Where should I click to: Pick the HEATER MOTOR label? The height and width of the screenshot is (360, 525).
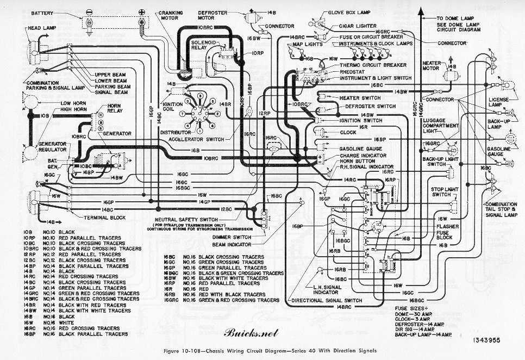[x=432, y=66]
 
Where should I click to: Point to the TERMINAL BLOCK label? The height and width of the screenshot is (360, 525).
[x=105, y=218]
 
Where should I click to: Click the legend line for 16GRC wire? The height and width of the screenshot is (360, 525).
[x=223, y=300]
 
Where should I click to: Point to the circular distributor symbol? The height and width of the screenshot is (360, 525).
[x=199, y=113]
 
